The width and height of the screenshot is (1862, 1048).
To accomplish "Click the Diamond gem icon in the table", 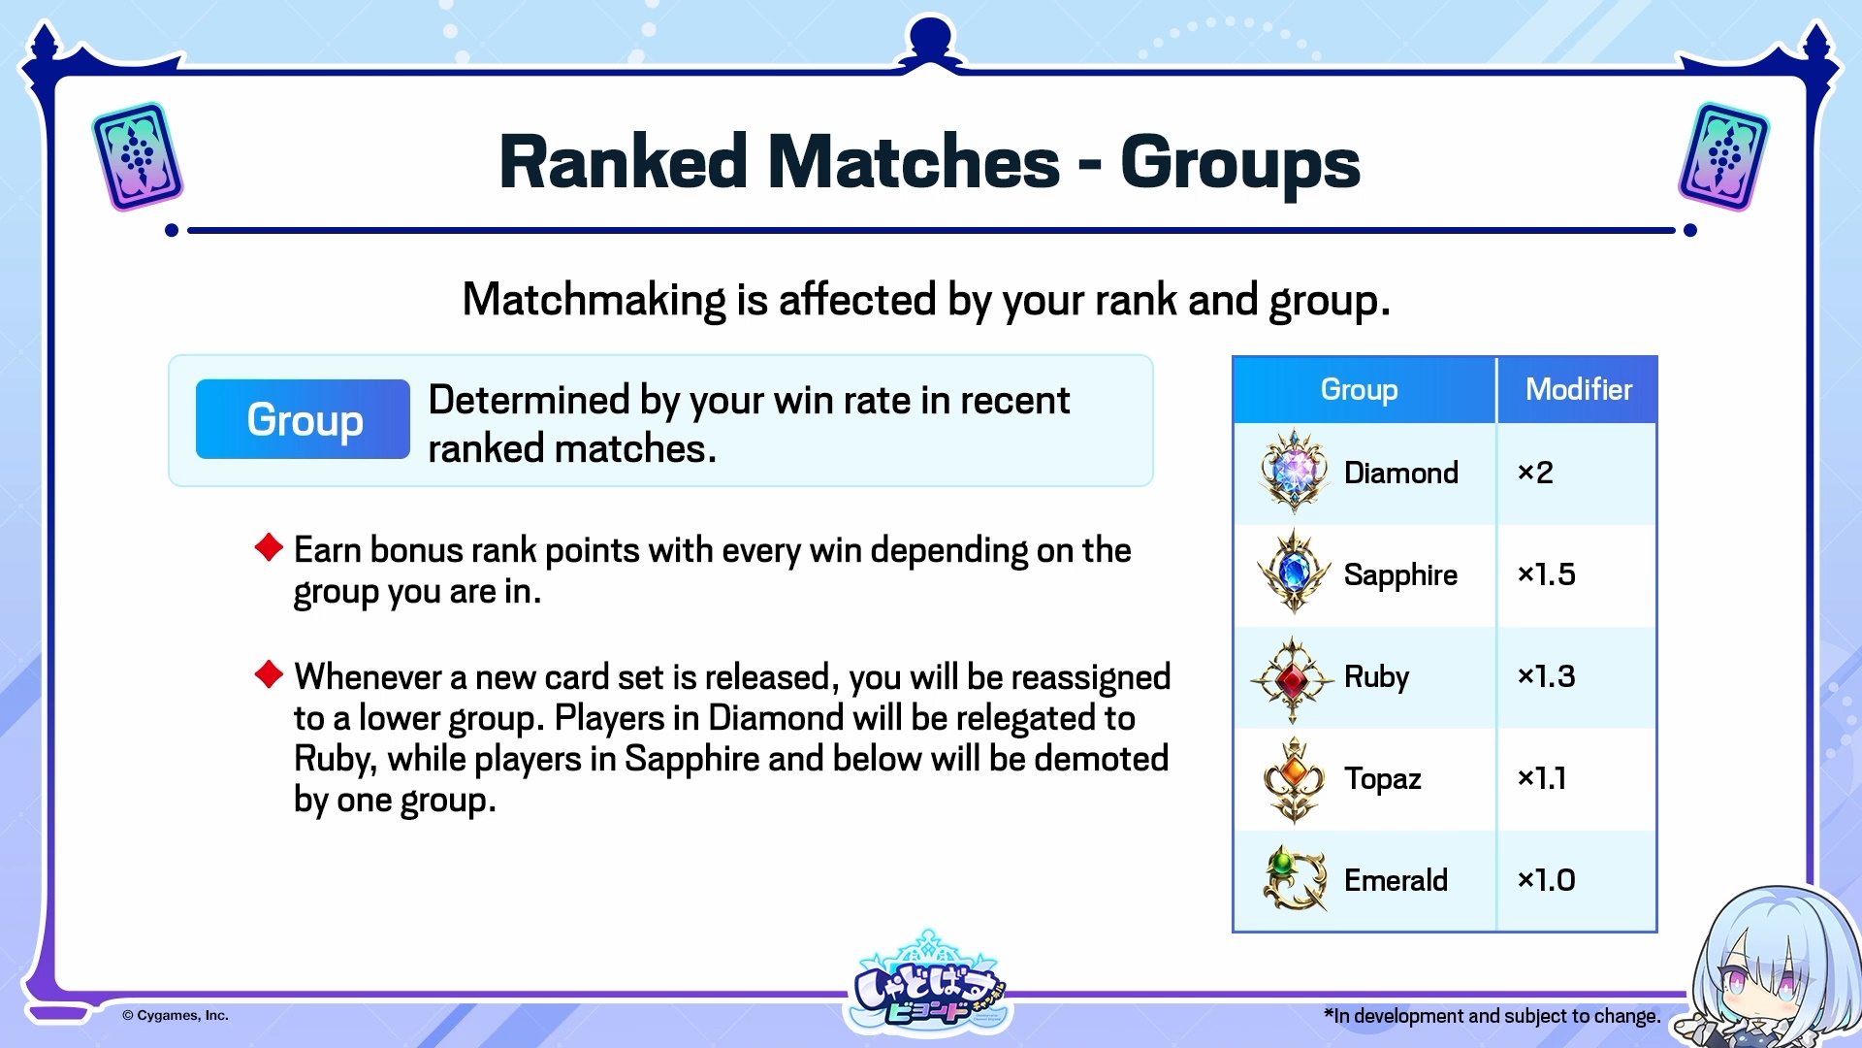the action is pos(1293,472).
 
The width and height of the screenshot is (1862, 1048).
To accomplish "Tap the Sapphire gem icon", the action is pos(1293,573).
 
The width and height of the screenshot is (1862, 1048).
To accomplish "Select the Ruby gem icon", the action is pos(1292,679).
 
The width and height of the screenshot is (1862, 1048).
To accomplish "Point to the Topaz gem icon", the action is pos(1294,780).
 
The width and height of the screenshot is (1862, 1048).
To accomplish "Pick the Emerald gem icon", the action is pos(1295,878).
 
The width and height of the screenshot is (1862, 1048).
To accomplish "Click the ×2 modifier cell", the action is pos(1535,473).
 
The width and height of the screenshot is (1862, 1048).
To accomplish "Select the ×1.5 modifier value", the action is pos(1546,574).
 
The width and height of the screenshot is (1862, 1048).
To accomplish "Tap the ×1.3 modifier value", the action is pos(1546,676).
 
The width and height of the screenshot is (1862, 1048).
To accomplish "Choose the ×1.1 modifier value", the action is pos(1542,778).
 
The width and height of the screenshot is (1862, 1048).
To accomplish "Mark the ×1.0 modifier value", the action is pos(1546,880).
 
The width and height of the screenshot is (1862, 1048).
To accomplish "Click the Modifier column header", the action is pos(1578,389).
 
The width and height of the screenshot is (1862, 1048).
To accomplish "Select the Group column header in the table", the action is pos(1359,390).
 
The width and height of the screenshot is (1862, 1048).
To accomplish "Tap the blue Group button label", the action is pos(304,419).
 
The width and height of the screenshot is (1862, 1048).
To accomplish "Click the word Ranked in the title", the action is pos(623,162).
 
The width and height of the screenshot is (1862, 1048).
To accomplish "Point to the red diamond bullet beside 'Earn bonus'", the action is pos(269,547).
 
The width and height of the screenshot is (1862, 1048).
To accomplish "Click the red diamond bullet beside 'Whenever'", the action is pos(269,673).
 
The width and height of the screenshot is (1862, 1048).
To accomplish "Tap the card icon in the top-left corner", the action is pos(138,156).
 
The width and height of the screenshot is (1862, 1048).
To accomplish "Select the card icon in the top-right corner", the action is pos(1723,156).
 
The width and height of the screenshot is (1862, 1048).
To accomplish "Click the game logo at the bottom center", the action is pos(928,983).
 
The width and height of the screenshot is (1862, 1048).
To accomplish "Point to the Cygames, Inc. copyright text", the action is pos(176,1015).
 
